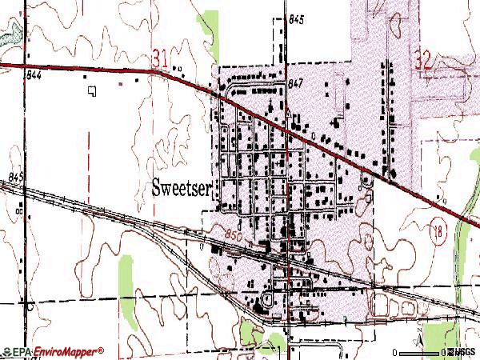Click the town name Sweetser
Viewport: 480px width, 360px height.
[x=182, y=188]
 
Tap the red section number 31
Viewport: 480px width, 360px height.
[x=159, y=58]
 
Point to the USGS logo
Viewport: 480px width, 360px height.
[x=462, y=352]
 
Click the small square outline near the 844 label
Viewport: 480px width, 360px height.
[x=92, y=91]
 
